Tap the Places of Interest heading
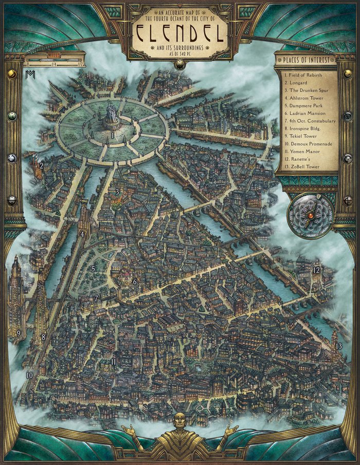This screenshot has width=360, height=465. (307, 59)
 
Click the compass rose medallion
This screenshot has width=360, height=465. (310, 216)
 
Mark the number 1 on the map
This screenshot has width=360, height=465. (112, 136)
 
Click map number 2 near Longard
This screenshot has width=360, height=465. (41, 165)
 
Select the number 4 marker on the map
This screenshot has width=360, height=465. (82, 234)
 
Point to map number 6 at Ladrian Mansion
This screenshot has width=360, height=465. (135, 282)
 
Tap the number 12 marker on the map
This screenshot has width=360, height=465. (316, 270)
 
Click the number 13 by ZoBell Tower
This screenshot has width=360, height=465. (338, 346)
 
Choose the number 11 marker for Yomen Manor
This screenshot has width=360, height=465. (113, 362)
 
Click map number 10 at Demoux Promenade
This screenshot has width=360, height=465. (29, 376)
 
